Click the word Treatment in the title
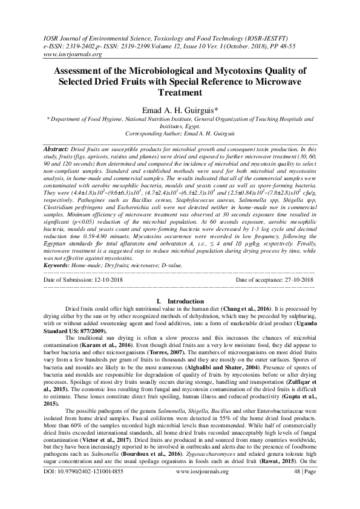tap(179, 93)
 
